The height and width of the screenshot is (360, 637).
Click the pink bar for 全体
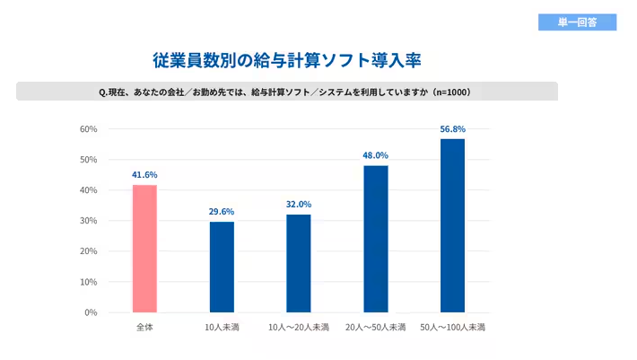(144, 249)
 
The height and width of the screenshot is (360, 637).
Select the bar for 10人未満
(222, 267)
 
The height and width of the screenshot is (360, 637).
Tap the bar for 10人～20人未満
(299, 263)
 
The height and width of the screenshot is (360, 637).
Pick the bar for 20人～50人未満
(376, 239)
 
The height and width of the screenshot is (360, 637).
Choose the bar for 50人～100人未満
(453, 225)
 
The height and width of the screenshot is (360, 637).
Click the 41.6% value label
(144, 174)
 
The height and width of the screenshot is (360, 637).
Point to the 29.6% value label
(222, 211)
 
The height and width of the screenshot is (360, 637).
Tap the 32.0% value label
(299, 204)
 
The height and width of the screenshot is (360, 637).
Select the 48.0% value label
(376, 155)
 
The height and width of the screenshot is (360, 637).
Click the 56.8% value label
(453, 128)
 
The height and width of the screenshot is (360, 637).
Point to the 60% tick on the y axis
(88, 129)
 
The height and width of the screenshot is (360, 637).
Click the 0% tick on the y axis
(91, 312)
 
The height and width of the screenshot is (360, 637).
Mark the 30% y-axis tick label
(88, 221)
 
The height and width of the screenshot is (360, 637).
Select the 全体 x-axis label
(144, 327)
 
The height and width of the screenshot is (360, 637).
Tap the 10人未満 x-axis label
(222, 327)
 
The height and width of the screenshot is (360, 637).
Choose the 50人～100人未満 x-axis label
(453, 327)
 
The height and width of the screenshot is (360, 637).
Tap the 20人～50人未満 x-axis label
(376, 327)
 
